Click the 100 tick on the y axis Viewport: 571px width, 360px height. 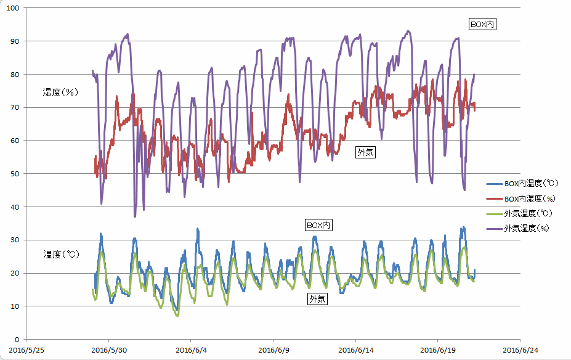12,8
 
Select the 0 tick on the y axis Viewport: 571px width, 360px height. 17,340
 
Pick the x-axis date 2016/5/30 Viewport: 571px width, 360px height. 109,350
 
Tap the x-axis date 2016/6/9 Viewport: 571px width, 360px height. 273,350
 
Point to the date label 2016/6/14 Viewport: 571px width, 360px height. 355,350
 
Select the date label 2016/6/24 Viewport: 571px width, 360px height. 520,350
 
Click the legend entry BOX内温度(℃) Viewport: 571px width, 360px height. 531,184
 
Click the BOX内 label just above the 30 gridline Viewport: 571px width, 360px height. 319,226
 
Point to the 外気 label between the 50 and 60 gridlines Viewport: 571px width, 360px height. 365,152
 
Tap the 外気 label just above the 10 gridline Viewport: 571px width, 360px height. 317,299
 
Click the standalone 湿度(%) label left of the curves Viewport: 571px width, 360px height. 60,92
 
